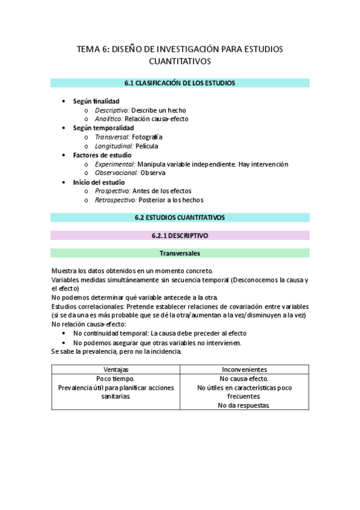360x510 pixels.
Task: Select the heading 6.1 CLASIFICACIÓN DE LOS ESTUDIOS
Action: [x=180, y=83]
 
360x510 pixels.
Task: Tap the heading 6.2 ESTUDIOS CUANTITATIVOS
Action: [x=180, y=217]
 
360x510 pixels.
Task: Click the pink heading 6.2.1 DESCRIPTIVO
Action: [x=180, y=235]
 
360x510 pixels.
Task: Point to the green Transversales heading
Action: [x=180, y=253]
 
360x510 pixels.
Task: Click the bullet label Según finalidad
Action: [x=96, y=101]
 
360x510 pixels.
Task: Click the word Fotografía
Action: [x=147, y=137]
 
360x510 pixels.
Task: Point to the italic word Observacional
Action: [x=116, y=173]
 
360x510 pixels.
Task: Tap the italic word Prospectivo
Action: [x=112, y=191]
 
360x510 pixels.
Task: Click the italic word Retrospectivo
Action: [x=115, y=200]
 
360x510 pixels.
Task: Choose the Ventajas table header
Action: [x=115, y=369]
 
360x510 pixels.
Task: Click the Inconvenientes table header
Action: [x=245, y=369]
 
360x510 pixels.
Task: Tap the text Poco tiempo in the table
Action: [x=115, y=378]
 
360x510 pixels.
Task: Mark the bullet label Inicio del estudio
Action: [x=99, y=182]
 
